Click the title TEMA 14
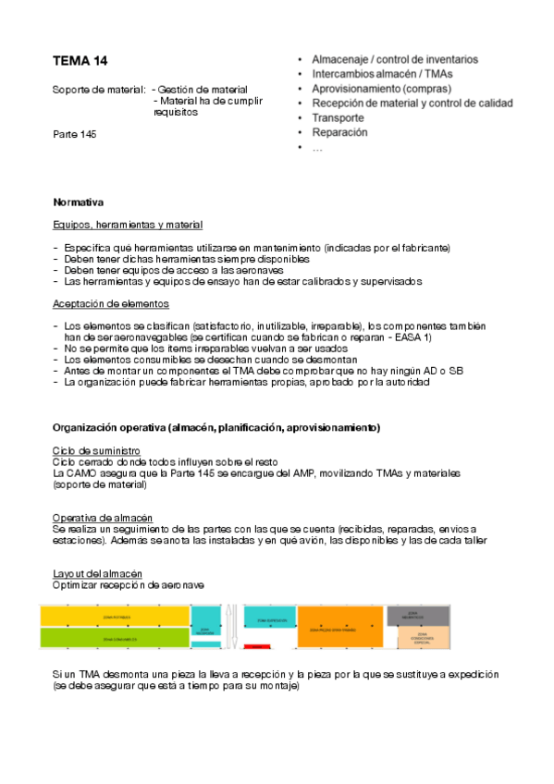coord(80,61)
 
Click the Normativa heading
coord(78,202)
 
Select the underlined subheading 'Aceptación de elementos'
coord(111,303)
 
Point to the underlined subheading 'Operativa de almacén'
coord(103,517)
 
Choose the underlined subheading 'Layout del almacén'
coord(97,574)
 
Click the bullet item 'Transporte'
coord(338,118)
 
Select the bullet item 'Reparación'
coord(339,132)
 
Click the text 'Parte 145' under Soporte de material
coord(75,134)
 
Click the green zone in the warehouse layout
coord(114,638)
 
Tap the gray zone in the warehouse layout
coord(422,615)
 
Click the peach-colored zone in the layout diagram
coord(422,638)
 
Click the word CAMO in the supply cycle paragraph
coord(86,473)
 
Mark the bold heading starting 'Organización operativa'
coord(215,428)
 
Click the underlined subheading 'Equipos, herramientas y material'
coord(128,225)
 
